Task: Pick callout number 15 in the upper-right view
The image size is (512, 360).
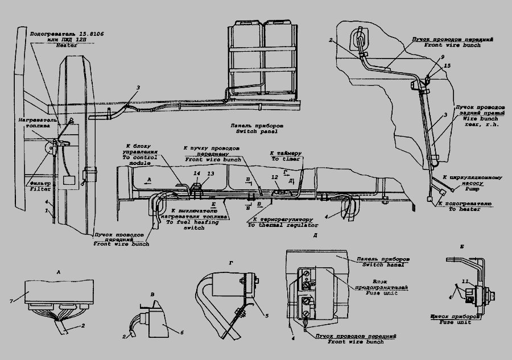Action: click(x=447, y=67)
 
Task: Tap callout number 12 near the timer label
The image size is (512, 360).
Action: click(x=275, y=177)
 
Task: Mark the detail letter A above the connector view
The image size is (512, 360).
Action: click(x=59, y=272)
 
